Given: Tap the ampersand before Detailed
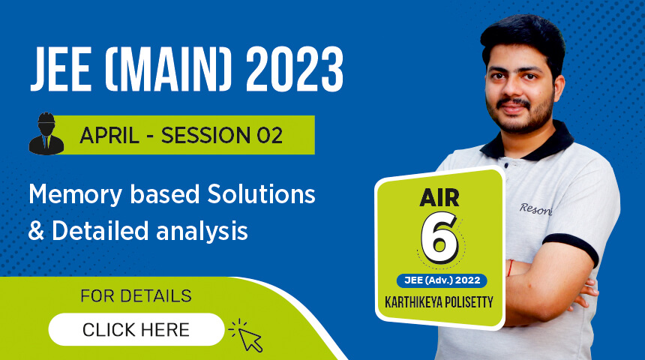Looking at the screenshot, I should coord(35,232).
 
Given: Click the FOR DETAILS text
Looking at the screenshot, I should coord(136,296).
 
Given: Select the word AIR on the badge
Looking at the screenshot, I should coord(441,199).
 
